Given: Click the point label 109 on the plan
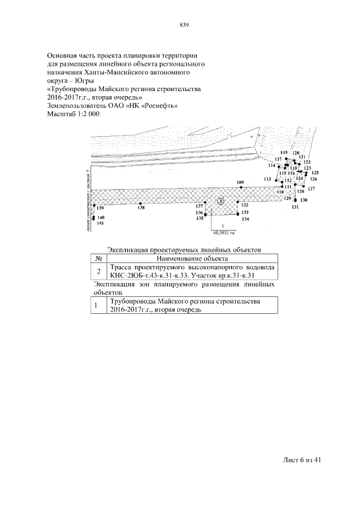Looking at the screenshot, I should pyautogui.click(x=241, y=183).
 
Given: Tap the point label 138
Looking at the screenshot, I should pyautogui.click(x=141, y=208).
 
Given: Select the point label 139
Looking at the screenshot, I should pyautogui.click(x=100, y=209).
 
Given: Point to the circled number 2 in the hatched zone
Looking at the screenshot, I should pyautogui.click(x=221, y=201).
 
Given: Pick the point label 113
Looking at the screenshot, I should pyautogui.click(x=267, y=178).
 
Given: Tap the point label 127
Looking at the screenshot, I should pyautogui.click(x=311, y=188).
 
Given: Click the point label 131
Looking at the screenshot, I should pyautogui.click(x=295, y=208).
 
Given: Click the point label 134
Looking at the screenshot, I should pyautogui.click(x=245, y=219).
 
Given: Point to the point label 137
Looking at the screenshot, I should pyautogui.click(x=199, y=206).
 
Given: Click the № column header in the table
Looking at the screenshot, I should pyautogui.click(x=98, y=258).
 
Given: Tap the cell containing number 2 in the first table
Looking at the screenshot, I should pyautogui.click(x=98, y=271).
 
